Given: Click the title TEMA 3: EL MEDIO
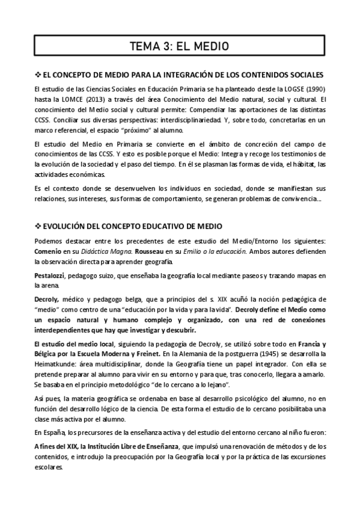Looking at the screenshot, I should point(180,46).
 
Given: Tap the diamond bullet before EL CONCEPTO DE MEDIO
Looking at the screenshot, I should point(38,75).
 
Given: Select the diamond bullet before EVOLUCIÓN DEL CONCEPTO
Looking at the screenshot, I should point(38,226).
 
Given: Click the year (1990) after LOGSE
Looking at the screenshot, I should point(313,90).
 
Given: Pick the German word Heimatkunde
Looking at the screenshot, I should point(56,364).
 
